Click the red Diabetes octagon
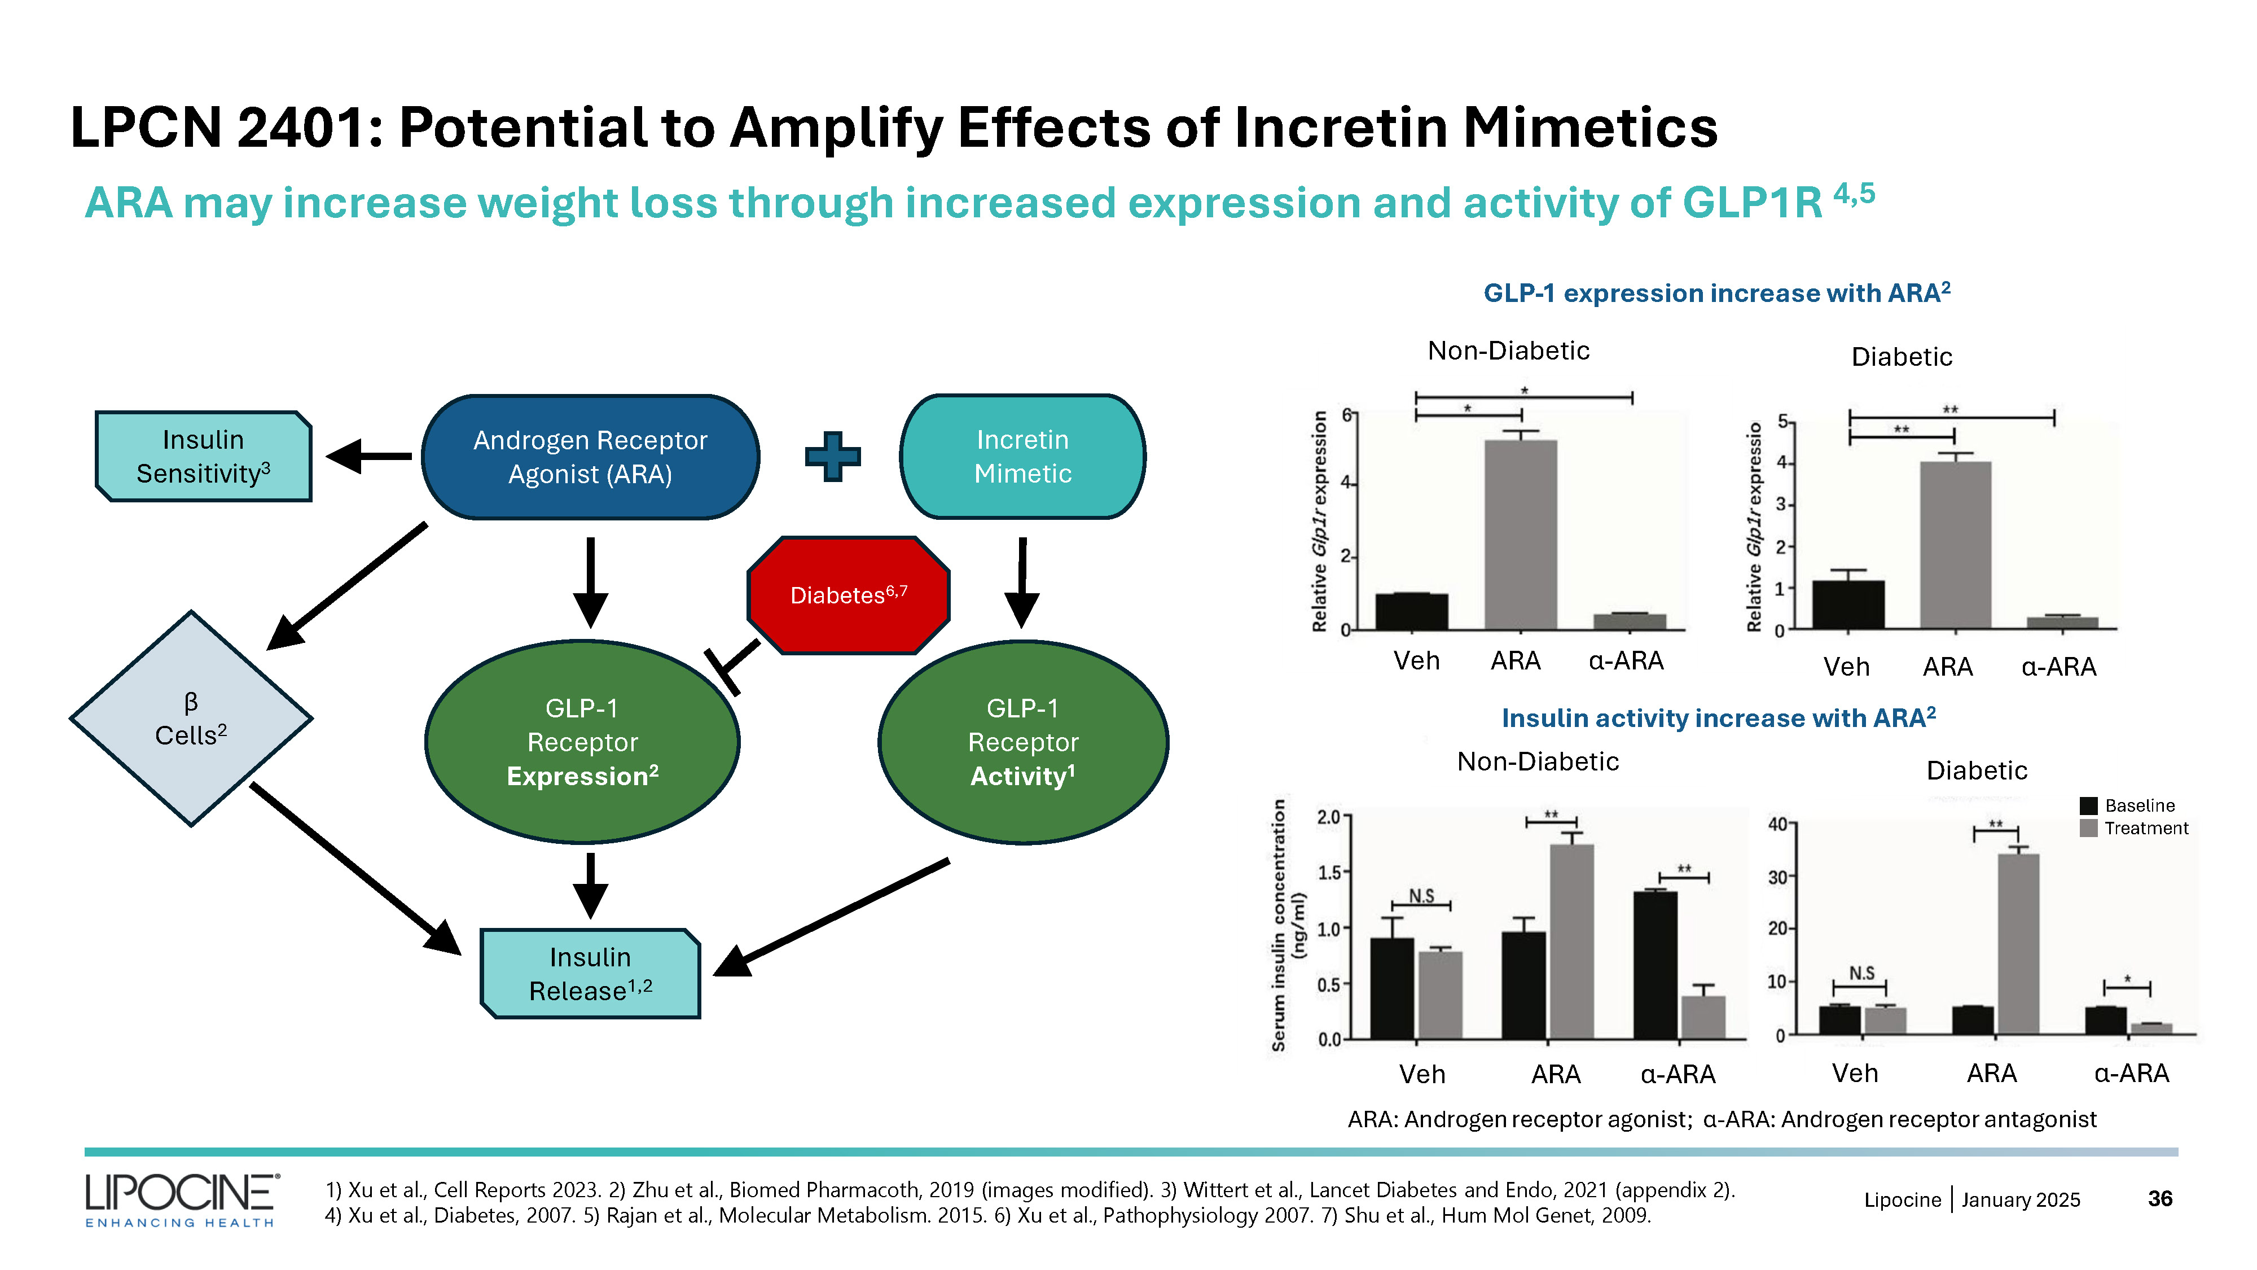click(848, 596)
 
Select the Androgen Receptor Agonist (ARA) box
click(591, 457)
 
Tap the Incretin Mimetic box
click(1022, 457)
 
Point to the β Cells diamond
click(191, 719)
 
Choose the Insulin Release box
click(591, 974)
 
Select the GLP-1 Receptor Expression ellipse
click(583, 742)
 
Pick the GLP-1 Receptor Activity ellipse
click(1022, 742)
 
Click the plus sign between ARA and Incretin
click(832, 456)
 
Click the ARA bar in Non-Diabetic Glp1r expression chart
click(1520, 535)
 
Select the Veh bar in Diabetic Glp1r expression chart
click(1848, 605)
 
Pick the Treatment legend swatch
click(2089, 828)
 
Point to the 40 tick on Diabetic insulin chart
click(1779, 824)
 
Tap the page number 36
click(2160, 1198)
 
